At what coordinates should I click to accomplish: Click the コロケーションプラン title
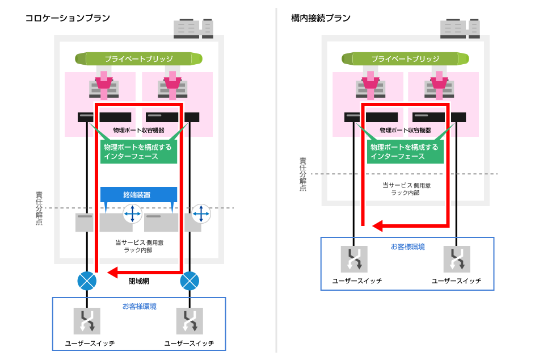tap(68, 18)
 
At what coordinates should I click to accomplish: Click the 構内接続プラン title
tap(321, 18)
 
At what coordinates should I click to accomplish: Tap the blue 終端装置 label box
tap(138, 195)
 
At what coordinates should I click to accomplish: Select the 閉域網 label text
tap(138, 281)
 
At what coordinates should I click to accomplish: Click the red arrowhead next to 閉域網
tap(113, 271)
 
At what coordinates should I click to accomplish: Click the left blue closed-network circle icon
tap(87, 281)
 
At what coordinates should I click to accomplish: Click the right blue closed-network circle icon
tap(189, 281)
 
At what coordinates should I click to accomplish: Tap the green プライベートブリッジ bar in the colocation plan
tap(139, 58)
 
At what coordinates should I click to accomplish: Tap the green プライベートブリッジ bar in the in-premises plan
tap(406, 58)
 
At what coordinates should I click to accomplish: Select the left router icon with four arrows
tap(133, 214)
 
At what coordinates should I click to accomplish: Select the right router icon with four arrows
tap(201, 214)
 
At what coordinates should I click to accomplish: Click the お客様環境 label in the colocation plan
tap(140, 307)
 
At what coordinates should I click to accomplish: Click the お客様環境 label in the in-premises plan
tap(407, 247)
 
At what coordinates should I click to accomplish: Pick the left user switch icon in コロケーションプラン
tap(87, 321)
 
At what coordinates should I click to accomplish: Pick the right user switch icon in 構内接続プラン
tap(456, 259)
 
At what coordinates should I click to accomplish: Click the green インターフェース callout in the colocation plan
tap(138, 152)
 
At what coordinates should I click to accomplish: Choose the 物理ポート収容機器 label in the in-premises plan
tap(405, 130)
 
